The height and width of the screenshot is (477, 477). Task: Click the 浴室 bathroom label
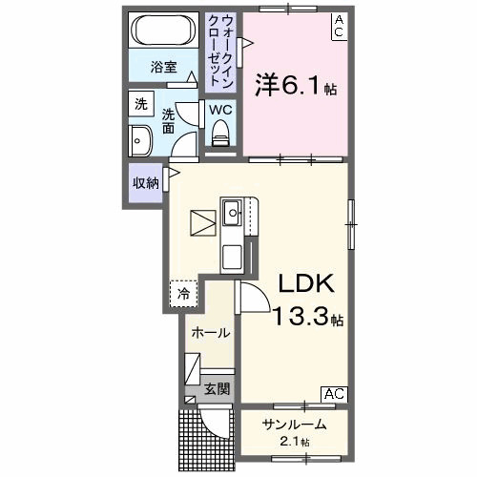[164, 67]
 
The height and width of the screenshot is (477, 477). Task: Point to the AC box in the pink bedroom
[339, 26]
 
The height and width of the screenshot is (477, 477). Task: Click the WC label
[220, 109]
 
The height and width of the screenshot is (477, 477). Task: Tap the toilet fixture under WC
[221, 137]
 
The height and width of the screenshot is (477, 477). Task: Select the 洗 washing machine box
[141, 104]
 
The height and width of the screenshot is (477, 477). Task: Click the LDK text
[304, 283]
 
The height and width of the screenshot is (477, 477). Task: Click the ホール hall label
[211, 333]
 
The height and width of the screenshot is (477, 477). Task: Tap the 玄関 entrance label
[217, 388]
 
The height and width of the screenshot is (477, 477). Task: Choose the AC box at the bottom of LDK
[334, 393]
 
